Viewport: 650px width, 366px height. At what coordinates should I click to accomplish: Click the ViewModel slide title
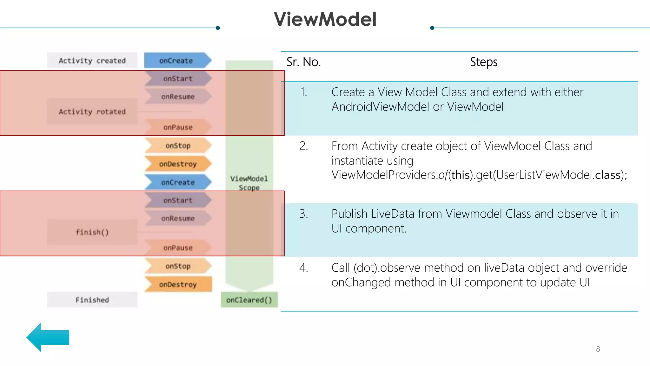pos(325,19)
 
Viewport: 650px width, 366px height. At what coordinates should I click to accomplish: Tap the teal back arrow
pos(48,337)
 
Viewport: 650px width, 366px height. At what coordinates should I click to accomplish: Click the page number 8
pos(598,349)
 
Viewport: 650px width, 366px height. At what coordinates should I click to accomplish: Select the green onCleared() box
pos(249,300)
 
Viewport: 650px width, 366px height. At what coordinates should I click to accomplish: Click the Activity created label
pos(92,60)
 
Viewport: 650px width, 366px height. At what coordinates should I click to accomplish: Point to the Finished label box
pos(92,300)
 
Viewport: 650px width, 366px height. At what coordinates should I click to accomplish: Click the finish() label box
pos(92,232)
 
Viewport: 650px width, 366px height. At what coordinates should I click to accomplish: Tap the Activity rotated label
pos(92,112)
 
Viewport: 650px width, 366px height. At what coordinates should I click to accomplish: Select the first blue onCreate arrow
pos(176,60)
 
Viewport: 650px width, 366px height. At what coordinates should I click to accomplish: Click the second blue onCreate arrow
pos(177,182)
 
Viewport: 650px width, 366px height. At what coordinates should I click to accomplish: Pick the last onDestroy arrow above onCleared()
pos(178,284)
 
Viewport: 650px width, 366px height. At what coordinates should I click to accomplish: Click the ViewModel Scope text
pos(249,183)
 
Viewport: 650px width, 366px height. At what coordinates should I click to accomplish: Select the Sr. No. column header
pos(303,62)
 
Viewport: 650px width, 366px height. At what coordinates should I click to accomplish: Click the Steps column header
pos(483,62)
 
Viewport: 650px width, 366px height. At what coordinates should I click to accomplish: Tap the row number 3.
pos(303,214)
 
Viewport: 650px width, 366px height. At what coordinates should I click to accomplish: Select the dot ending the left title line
pos(218,28)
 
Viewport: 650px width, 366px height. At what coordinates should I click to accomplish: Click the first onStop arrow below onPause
pos(178,146)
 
